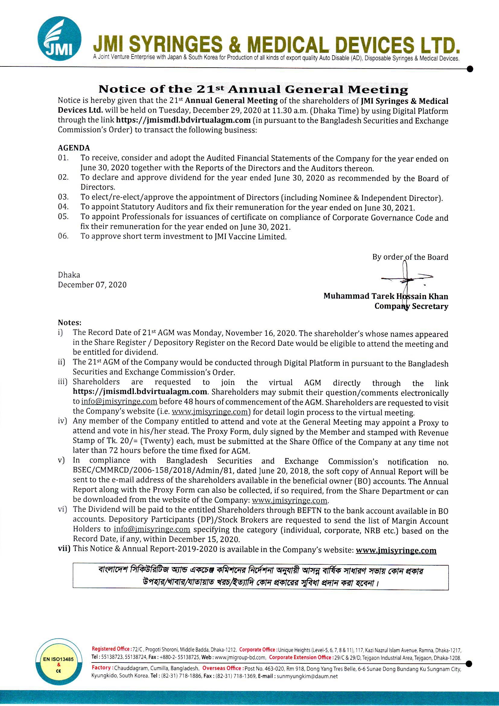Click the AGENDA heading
(x=74, y=148)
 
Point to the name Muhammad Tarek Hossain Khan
(x=385, y=296)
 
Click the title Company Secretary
(x=411, y=306)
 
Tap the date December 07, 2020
(x=92, y=285)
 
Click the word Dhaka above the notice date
(x=69, y=275)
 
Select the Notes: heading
(x=70, y=323)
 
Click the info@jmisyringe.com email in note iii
(x=119, y=402)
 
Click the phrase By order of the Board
(x=410, y=257)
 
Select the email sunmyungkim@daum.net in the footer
(x=307, y=676)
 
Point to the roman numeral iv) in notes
(x=62, y=421)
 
